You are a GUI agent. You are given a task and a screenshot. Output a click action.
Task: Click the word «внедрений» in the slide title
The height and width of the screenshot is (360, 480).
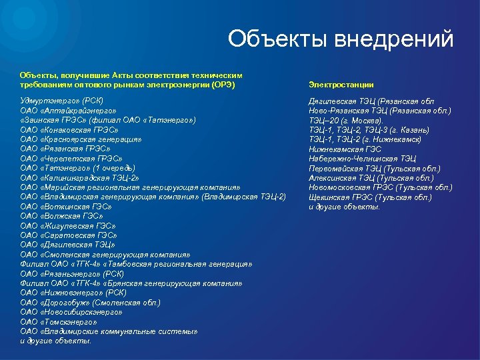[x=399, y=39]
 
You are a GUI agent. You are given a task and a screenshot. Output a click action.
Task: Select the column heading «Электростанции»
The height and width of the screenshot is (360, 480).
[x=341, y=85]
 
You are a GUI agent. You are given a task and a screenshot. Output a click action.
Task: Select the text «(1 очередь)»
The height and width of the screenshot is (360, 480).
[x=117, y=168]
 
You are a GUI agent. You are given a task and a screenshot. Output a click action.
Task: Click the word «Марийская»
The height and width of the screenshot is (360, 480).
[x=65, y=187]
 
